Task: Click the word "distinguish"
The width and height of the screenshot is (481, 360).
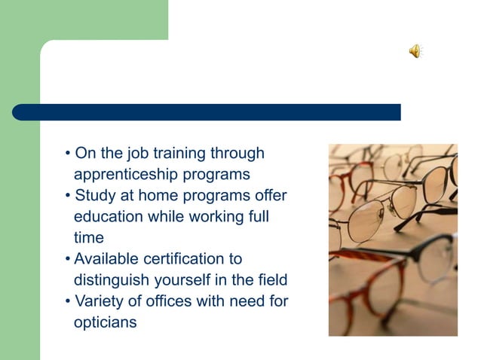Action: (x=109, y=280)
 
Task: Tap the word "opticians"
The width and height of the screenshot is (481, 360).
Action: (x=106, y=322)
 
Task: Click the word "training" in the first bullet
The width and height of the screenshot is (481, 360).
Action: (x=179, y=154)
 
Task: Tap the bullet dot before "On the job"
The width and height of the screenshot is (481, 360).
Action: (x=68, y=154)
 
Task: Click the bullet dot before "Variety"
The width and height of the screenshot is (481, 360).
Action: (x=68, y=302)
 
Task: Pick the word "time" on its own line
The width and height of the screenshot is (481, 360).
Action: (x=88, y=238)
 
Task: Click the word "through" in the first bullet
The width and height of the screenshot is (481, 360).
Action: (x=237, y=154)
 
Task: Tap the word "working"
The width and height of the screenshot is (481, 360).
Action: (x=216, y=217)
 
